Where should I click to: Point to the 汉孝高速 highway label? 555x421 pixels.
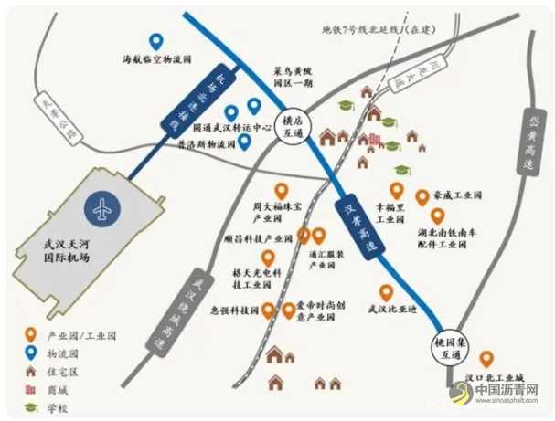[x=358, y=226]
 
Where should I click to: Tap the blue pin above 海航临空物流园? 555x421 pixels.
[x=156, y=42]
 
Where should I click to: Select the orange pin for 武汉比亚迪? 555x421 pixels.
[x=387, y=292]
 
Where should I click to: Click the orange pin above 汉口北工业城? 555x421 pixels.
[x=486, y=360]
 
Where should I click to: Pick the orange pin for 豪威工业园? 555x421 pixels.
[x=422, y=197]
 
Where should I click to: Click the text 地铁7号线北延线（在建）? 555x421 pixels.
[x=378, y=29]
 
